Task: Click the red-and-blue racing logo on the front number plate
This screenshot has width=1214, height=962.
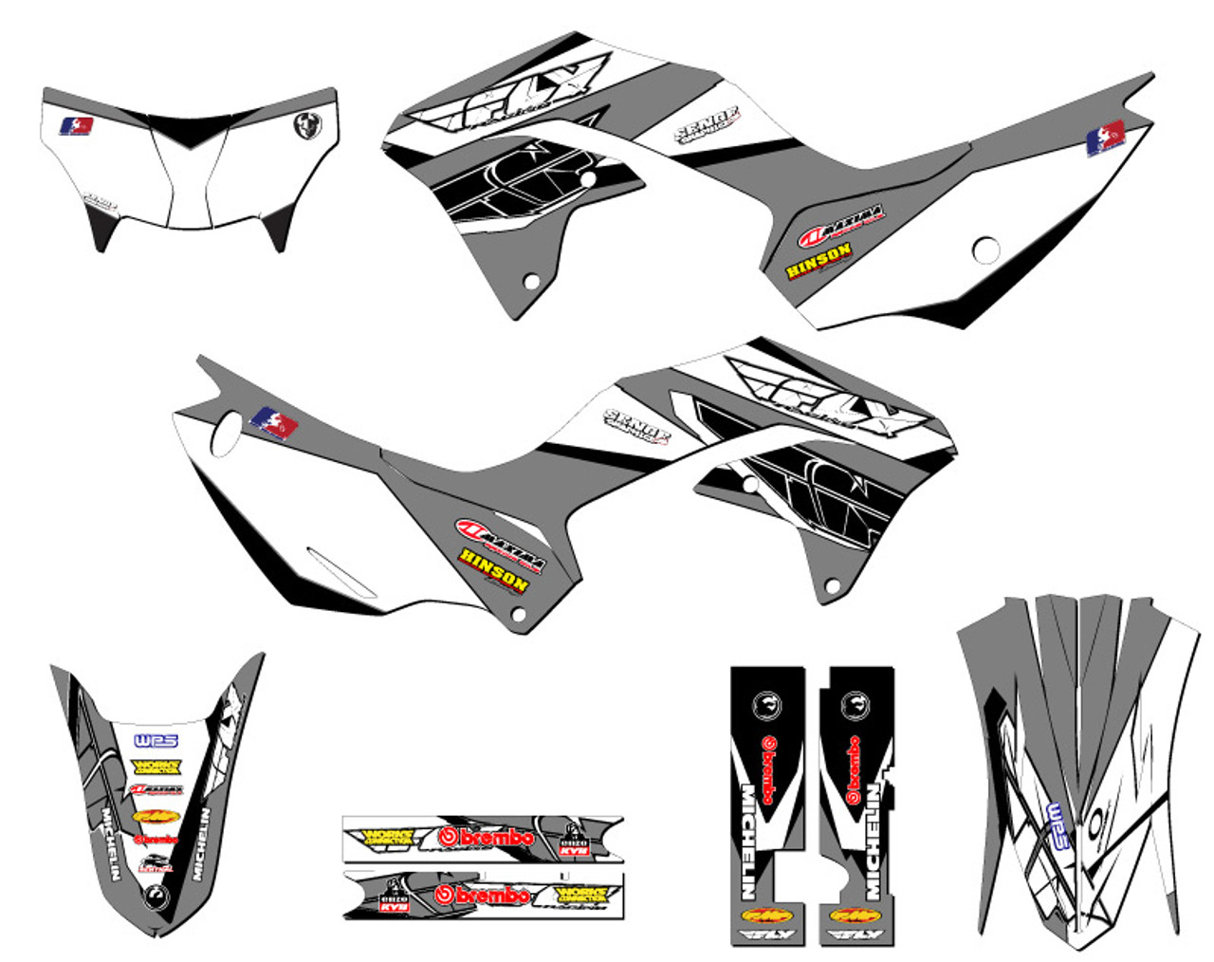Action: coord(76,126)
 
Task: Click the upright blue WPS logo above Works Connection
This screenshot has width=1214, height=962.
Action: coord(156,741)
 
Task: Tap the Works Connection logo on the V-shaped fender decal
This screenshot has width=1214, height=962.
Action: coord(156,766)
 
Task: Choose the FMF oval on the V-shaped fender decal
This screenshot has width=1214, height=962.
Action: coord(156,816)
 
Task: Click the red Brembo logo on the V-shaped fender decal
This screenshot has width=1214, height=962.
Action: coord(156,840)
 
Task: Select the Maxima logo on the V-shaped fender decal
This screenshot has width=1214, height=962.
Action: coord(156,790)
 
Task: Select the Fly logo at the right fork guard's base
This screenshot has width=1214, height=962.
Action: coord(855,936)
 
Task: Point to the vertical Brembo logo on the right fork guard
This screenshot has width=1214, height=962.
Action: coord(853,769)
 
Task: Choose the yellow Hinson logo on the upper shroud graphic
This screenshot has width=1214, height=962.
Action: coord(818,259)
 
